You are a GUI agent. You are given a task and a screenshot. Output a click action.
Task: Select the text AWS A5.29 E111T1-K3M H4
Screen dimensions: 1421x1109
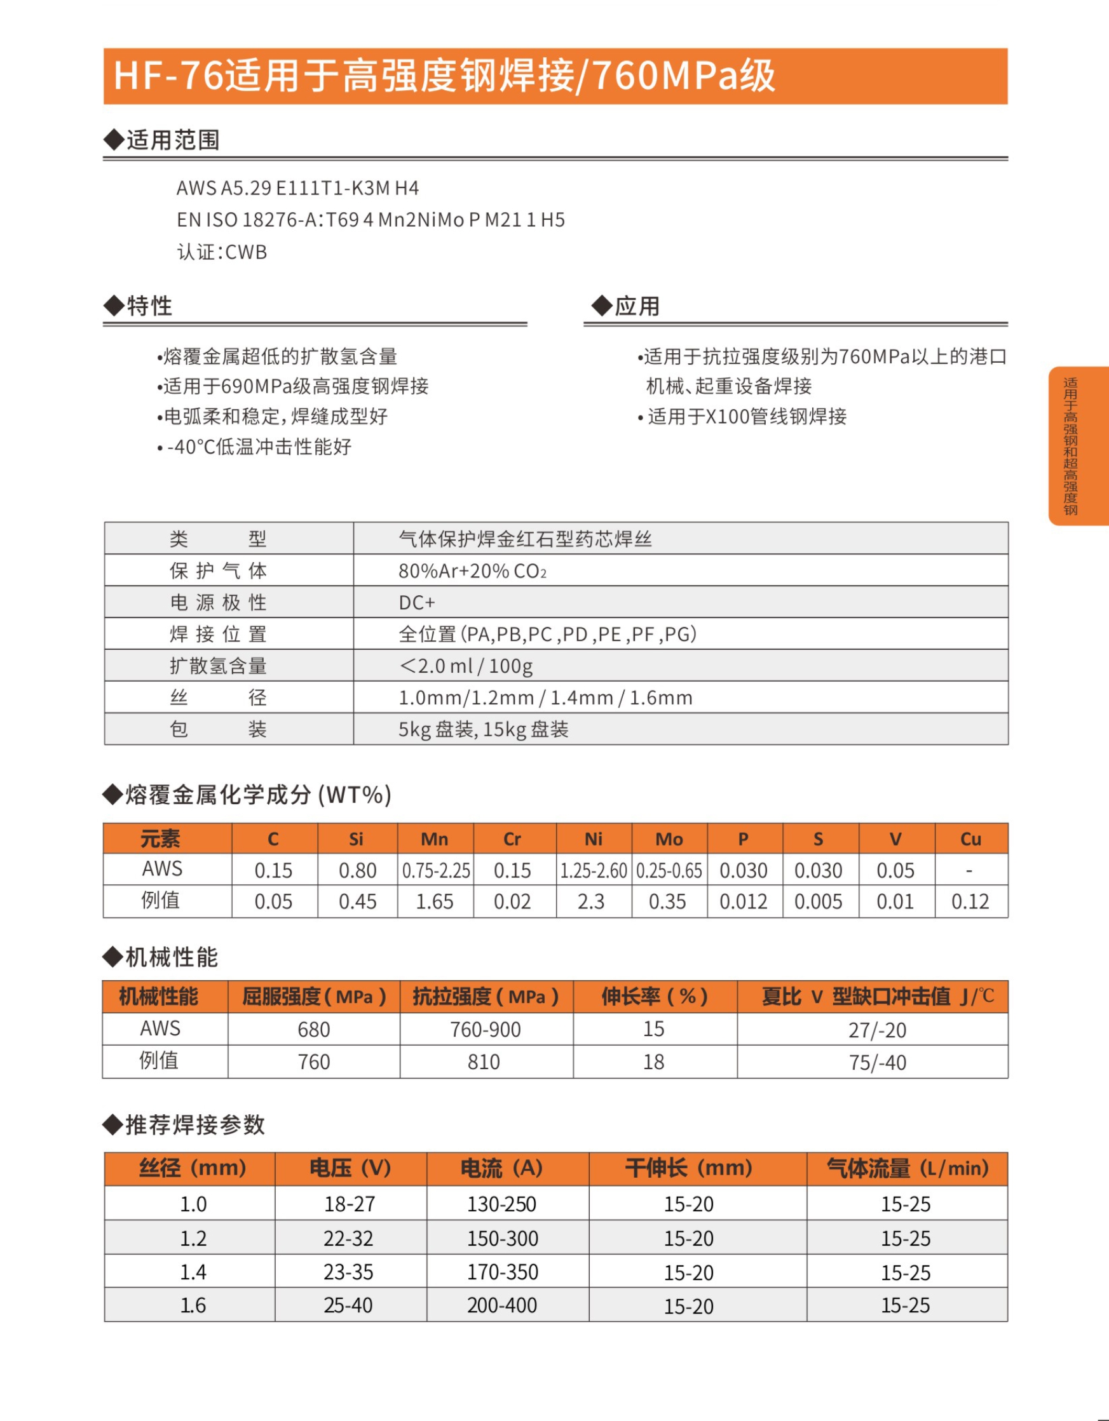point(297,188)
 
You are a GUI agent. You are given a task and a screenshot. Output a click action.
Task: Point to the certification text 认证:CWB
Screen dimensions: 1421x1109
point(222,252)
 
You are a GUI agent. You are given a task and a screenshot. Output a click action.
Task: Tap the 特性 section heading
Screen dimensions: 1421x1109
point(149,306)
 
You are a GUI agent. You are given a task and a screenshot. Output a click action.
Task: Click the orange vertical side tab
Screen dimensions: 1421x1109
point(1077,447)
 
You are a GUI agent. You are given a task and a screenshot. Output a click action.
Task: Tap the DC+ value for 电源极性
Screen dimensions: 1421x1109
point(416,602)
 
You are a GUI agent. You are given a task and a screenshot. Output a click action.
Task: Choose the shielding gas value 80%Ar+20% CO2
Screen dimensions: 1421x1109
point(472,571)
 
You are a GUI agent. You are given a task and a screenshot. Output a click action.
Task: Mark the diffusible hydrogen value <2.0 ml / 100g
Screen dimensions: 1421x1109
point(466,666)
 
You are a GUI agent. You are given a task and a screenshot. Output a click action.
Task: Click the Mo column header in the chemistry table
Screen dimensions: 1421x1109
point(669,838)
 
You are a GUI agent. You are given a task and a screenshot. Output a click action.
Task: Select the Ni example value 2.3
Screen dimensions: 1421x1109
point(591,902)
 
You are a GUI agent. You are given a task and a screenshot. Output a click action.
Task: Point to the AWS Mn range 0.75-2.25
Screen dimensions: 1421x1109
point(435,870)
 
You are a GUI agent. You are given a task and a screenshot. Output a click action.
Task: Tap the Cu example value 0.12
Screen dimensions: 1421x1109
point(970,902)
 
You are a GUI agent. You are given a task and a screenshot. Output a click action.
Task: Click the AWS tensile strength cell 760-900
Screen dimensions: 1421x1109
point(486,1029)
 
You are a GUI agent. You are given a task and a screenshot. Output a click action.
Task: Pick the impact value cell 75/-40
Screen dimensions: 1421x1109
point(877,1063)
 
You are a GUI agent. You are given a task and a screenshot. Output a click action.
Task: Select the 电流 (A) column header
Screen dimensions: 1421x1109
point(501,1169)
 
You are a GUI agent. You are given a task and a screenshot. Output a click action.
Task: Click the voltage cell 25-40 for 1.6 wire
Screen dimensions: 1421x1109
point(349,1305)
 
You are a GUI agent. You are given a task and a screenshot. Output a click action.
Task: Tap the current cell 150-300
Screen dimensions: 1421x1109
point(503,1238)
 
